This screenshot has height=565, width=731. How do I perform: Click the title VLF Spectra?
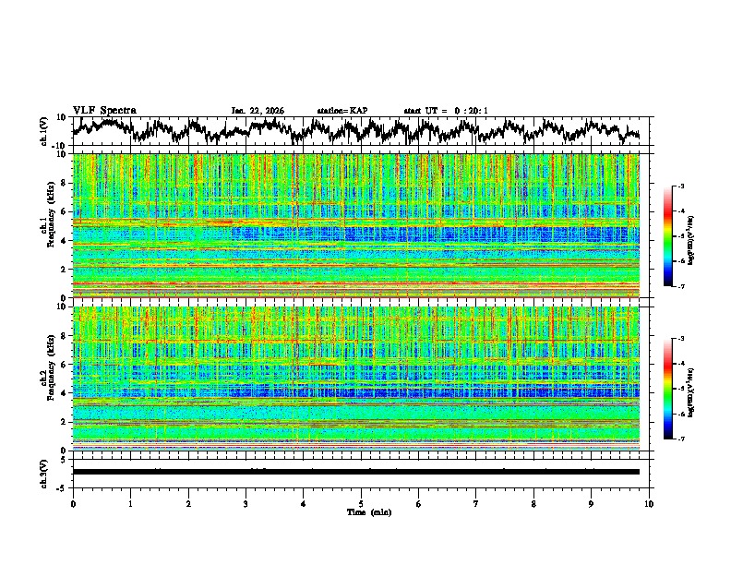(104, 110)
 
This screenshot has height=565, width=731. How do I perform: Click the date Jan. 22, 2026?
(258, 111)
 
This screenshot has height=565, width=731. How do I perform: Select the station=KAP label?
(342, 111)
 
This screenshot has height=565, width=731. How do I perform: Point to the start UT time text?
(446, 111)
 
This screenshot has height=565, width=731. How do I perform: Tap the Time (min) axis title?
(361, 511)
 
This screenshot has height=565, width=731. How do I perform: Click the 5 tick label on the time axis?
(361, 503)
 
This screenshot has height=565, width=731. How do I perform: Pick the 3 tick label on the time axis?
(246, 503)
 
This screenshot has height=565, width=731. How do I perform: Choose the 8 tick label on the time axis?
(533, 503)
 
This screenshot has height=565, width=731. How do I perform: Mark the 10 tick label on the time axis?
(649, 503)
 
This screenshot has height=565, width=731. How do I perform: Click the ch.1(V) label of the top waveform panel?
(44, 131)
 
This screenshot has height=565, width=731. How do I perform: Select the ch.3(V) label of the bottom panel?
(44, 472)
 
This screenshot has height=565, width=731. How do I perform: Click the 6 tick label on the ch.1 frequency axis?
(64, 212)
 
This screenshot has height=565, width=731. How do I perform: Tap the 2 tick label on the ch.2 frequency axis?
(64, 422)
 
